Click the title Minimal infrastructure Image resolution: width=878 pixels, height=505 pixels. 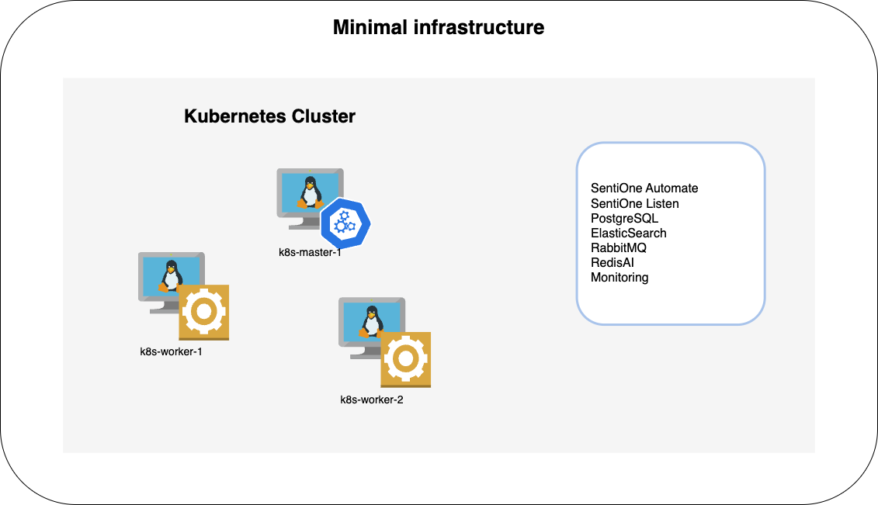[x=439, y=28]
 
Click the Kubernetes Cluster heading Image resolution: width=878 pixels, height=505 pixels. [x=269, y=116]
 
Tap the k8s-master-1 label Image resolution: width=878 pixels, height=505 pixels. [x=310, y=252]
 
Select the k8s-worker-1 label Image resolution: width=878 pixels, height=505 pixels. [x=171, y=351]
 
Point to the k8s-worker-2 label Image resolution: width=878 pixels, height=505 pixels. [x=372, y=400]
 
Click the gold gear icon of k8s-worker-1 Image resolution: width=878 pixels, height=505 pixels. [x=203, y=312]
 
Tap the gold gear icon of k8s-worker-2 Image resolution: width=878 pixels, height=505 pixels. [x=405, y=359]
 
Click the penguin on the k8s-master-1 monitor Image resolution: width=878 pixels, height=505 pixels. [x=311, y=192]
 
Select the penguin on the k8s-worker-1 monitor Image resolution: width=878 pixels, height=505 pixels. [x=171, y=275]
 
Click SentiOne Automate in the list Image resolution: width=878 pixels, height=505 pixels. [x=644, y=189]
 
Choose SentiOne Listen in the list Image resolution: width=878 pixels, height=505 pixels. [x=634, y=203]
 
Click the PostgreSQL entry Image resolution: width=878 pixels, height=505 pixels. [x=624, y=218]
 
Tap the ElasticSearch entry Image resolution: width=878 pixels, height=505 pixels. [x=628, y=233]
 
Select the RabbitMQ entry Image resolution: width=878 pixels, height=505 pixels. [x=619, y=247]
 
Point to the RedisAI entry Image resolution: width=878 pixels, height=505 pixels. [x=613, y=262]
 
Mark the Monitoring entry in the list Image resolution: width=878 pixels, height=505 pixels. [x=619, y=277]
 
